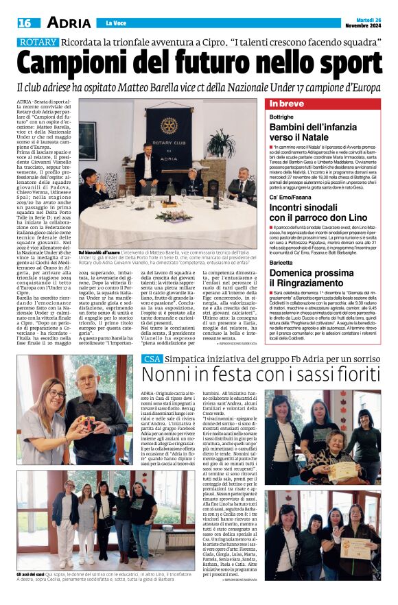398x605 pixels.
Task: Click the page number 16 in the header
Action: pyautogui.click(x=25, y=23)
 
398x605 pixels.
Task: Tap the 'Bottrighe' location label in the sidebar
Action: pyautogui.click(x=281, y=117)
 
